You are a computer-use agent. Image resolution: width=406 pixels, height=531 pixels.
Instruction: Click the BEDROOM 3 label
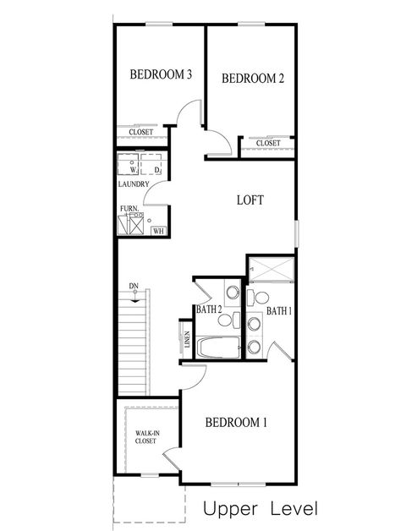[x=161, y=75]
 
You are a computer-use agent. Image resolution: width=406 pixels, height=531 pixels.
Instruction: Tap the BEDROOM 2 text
[x=252, y=79]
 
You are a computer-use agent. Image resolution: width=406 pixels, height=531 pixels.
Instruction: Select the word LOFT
[x=250, y=200]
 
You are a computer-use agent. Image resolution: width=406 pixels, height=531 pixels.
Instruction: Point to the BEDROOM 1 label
[x=238, y=422]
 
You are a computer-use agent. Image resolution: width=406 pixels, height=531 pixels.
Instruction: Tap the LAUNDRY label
[x=134, y=184]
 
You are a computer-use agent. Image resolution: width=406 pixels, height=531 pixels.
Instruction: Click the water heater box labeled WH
[x=157, y=230]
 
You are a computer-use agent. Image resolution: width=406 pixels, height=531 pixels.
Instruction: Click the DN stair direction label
[x=134, y=286]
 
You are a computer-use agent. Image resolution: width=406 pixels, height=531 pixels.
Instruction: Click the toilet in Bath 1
[x=259, y=297]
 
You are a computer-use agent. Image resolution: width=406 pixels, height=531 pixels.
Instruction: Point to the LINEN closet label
[x=186, y=339]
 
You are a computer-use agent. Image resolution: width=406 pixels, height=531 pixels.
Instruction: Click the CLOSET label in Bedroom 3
[x=141, y=132]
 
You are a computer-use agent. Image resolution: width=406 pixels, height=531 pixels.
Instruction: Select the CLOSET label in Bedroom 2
[x=267, y=143]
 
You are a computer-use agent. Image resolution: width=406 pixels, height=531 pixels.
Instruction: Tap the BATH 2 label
[x=208, y=310]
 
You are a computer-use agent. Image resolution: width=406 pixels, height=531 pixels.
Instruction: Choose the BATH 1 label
[x=279, y=311]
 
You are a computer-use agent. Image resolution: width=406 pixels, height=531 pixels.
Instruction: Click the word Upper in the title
[x=230, y=509]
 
